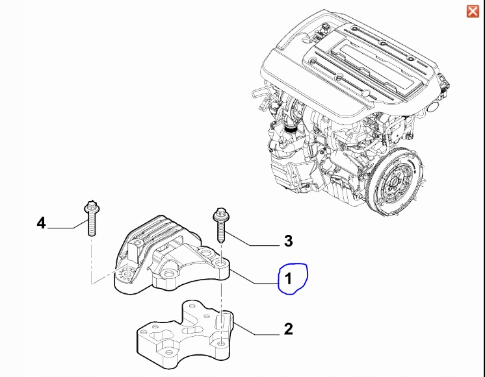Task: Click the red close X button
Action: (x=473, y=11)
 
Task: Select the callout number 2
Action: (x=287, y=330)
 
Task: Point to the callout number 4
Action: (x=41, y=223)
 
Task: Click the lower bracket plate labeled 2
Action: (x=185, y=334)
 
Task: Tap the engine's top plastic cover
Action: (x=351, y=58)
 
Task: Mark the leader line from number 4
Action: (x=65, y=228)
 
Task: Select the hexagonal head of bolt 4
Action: (x=90, y=208)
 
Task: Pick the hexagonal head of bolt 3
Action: (x=219, y=213)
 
